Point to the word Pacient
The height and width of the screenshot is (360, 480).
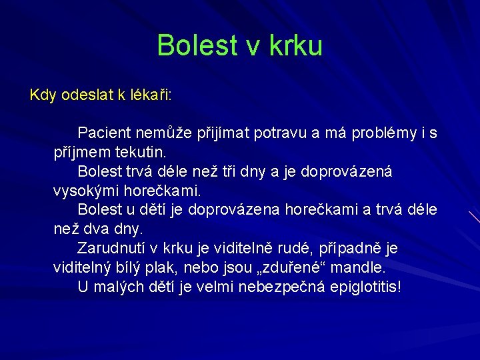click(x=105, y=133)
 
